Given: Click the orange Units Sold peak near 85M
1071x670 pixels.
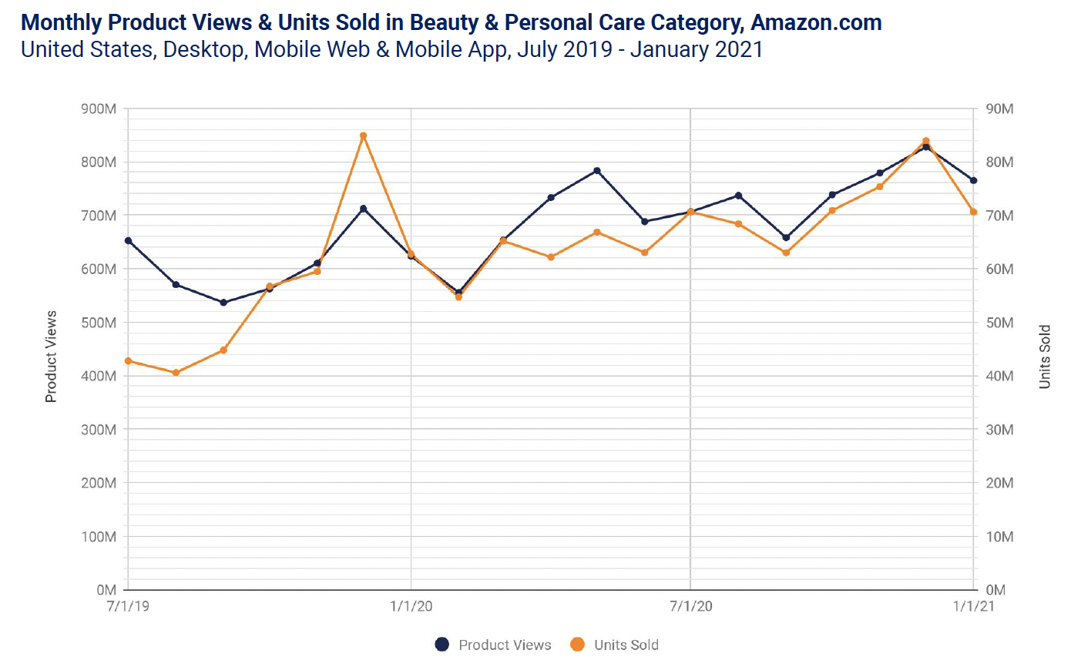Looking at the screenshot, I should (x=363, y=136).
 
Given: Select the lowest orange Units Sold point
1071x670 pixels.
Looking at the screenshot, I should (x=176, y=373).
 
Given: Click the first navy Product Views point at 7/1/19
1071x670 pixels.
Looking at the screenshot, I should (x=128, y=241).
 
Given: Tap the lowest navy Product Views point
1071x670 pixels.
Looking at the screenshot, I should (x=223, y=303).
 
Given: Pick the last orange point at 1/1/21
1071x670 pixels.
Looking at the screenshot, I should (x=973, y=212).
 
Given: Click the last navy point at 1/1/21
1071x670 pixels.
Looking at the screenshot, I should (x=973, y=180).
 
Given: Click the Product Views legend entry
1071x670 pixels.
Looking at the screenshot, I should (x=493, y=645).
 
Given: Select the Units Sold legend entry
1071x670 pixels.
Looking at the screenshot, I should (x=614, y=645).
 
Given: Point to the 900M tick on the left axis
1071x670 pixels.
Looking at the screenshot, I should (x=99, y=109).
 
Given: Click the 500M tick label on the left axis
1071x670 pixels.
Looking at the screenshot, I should (x=99, y=323).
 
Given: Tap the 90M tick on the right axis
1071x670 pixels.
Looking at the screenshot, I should (x=999, y=109).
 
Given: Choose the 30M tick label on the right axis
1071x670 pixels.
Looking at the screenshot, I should (x=999, y=430).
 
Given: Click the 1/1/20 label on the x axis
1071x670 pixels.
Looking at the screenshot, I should (x=411, y=606).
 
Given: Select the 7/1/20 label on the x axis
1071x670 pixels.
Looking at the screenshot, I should (x=690, y=606).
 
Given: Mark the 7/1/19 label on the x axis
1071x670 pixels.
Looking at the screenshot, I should (x=128, y=606).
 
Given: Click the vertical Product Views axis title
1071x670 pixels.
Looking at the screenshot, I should (x=51, y=357).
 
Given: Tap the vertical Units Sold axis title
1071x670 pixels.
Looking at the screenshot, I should (x=1045, y=357).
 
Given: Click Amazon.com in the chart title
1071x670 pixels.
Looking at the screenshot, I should (x=816, y=22).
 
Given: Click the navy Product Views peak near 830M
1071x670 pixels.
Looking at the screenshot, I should (x=926, y=146).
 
